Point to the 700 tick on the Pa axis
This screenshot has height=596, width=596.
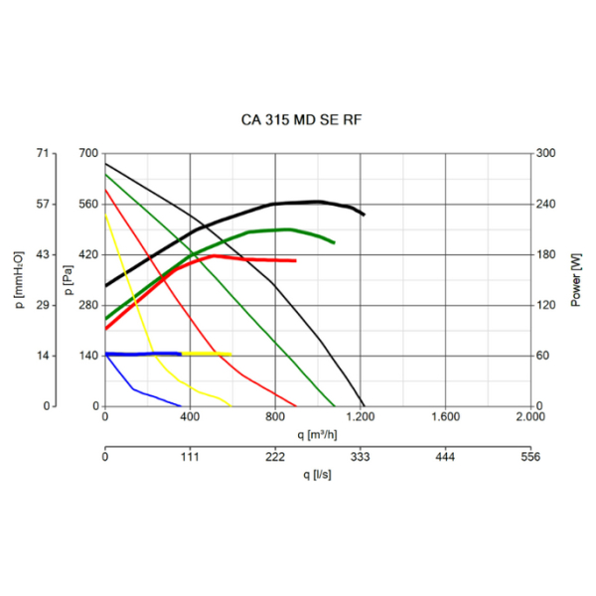[x=86, y=154]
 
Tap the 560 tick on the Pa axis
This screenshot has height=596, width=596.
[x=86, y=205]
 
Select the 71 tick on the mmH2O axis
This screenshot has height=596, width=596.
[x=42, y=154]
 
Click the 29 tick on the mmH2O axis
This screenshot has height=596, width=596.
[x=42, y=305]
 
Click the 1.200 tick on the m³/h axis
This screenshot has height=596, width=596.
[x=361, y=418]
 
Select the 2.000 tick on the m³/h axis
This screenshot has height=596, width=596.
[x=530, y=418]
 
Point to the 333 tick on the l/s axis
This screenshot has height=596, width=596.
[x=361, y=458]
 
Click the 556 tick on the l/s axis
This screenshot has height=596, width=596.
[x=530, y=458]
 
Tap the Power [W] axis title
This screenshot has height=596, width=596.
[x=575, y=279]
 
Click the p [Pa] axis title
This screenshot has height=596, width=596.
[x=67, y=279]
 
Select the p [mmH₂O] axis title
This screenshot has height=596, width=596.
[x=21, y=279]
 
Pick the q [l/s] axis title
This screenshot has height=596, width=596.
[x=318, y=475]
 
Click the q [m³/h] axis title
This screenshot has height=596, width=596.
[x=318, y=434]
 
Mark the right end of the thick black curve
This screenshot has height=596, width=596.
[x=365, y=215]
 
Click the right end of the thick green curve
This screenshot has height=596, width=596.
[x=334, y=242]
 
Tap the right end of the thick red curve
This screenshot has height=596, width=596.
[x=296, y=260]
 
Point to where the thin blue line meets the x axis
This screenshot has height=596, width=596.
[x=182, y=406]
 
